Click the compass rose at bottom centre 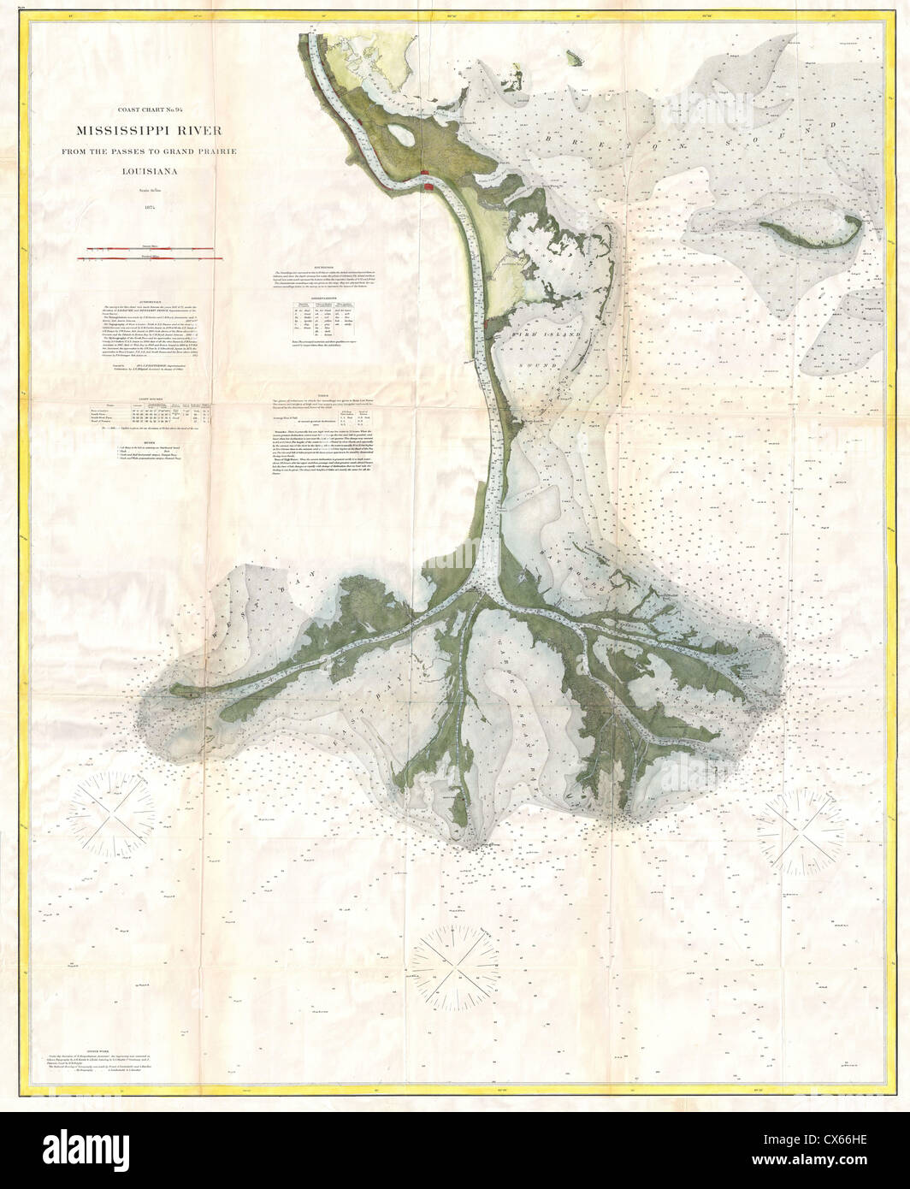pyautogui.click(x=459, y=954)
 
